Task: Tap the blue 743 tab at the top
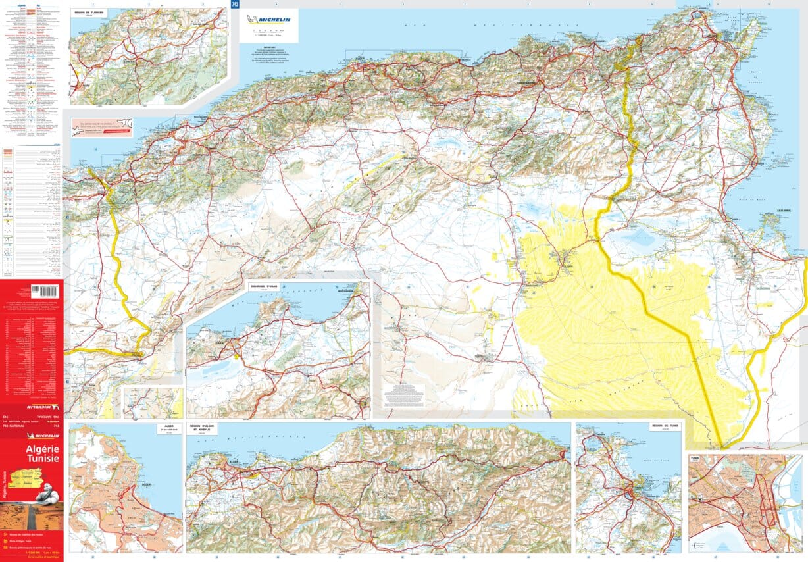(235, 5)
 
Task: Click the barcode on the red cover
(45, 291)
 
